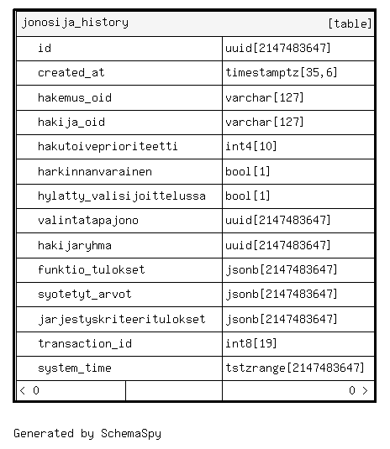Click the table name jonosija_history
pyautogui.click(x=75, y=23)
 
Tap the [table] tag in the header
pyautogui.click(x=350, y=23)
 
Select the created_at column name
pyautogui.click(x=71, y=73)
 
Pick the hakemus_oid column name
pyautogui.click(x=75, y=97)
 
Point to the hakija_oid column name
pyautogui.click(x=71, y=123)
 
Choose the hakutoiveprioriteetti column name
pyautogui.click(x=108, y=147)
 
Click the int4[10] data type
pyautogui.click(x=251, y=146)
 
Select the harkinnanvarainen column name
pyautogui.click(x=95, y=171)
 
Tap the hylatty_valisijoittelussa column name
pyautogui.click(x=122, y=196)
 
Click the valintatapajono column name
pyautogui.click(x=88, y=221)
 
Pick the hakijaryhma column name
pyautogui.click(x=75, y=245)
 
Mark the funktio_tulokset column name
pyautogui.click(x=92, y=269)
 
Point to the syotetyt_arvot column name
pyautogui.click(x=85, y=295)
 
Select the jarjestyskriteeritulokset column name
pyautogui.click(x=122, y=319)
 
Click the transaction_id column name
pyautogui.click(x=85, y=343)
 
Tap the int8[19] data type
pyautogui.click(x=251, y=343)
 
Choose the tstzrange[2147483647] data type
pyautogui.click(x=295, y=368)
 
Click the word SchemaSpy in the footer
pyautogui.click(x=131, y=434)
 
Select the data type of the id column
pyautogui.click(x=278, y=48)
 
